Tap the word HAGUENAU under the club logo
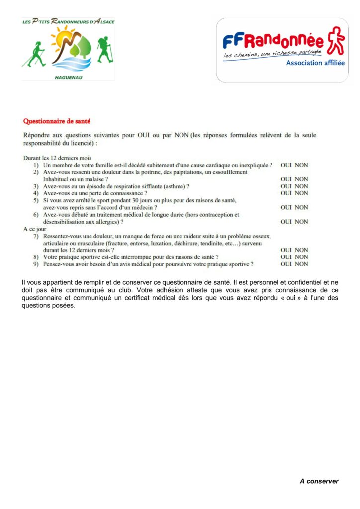pos(68,77)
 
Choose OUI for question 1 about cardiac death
pos(286,165)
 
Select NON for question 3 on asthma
pos(301,186)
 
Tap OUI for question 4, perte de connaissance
pos(286,193)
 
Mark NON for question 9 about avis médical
pos(301,264)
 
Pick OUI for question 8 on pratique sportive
pos(286,257)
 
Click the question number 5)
pos(36,200)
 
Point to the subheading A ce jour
pos(35,229)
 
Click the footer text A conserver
pos(319,481)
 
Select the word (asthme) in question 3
pos(171,186)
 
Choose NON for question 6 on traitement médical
pos(301,222)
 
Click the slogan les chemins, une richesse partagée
pos(272,53)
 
